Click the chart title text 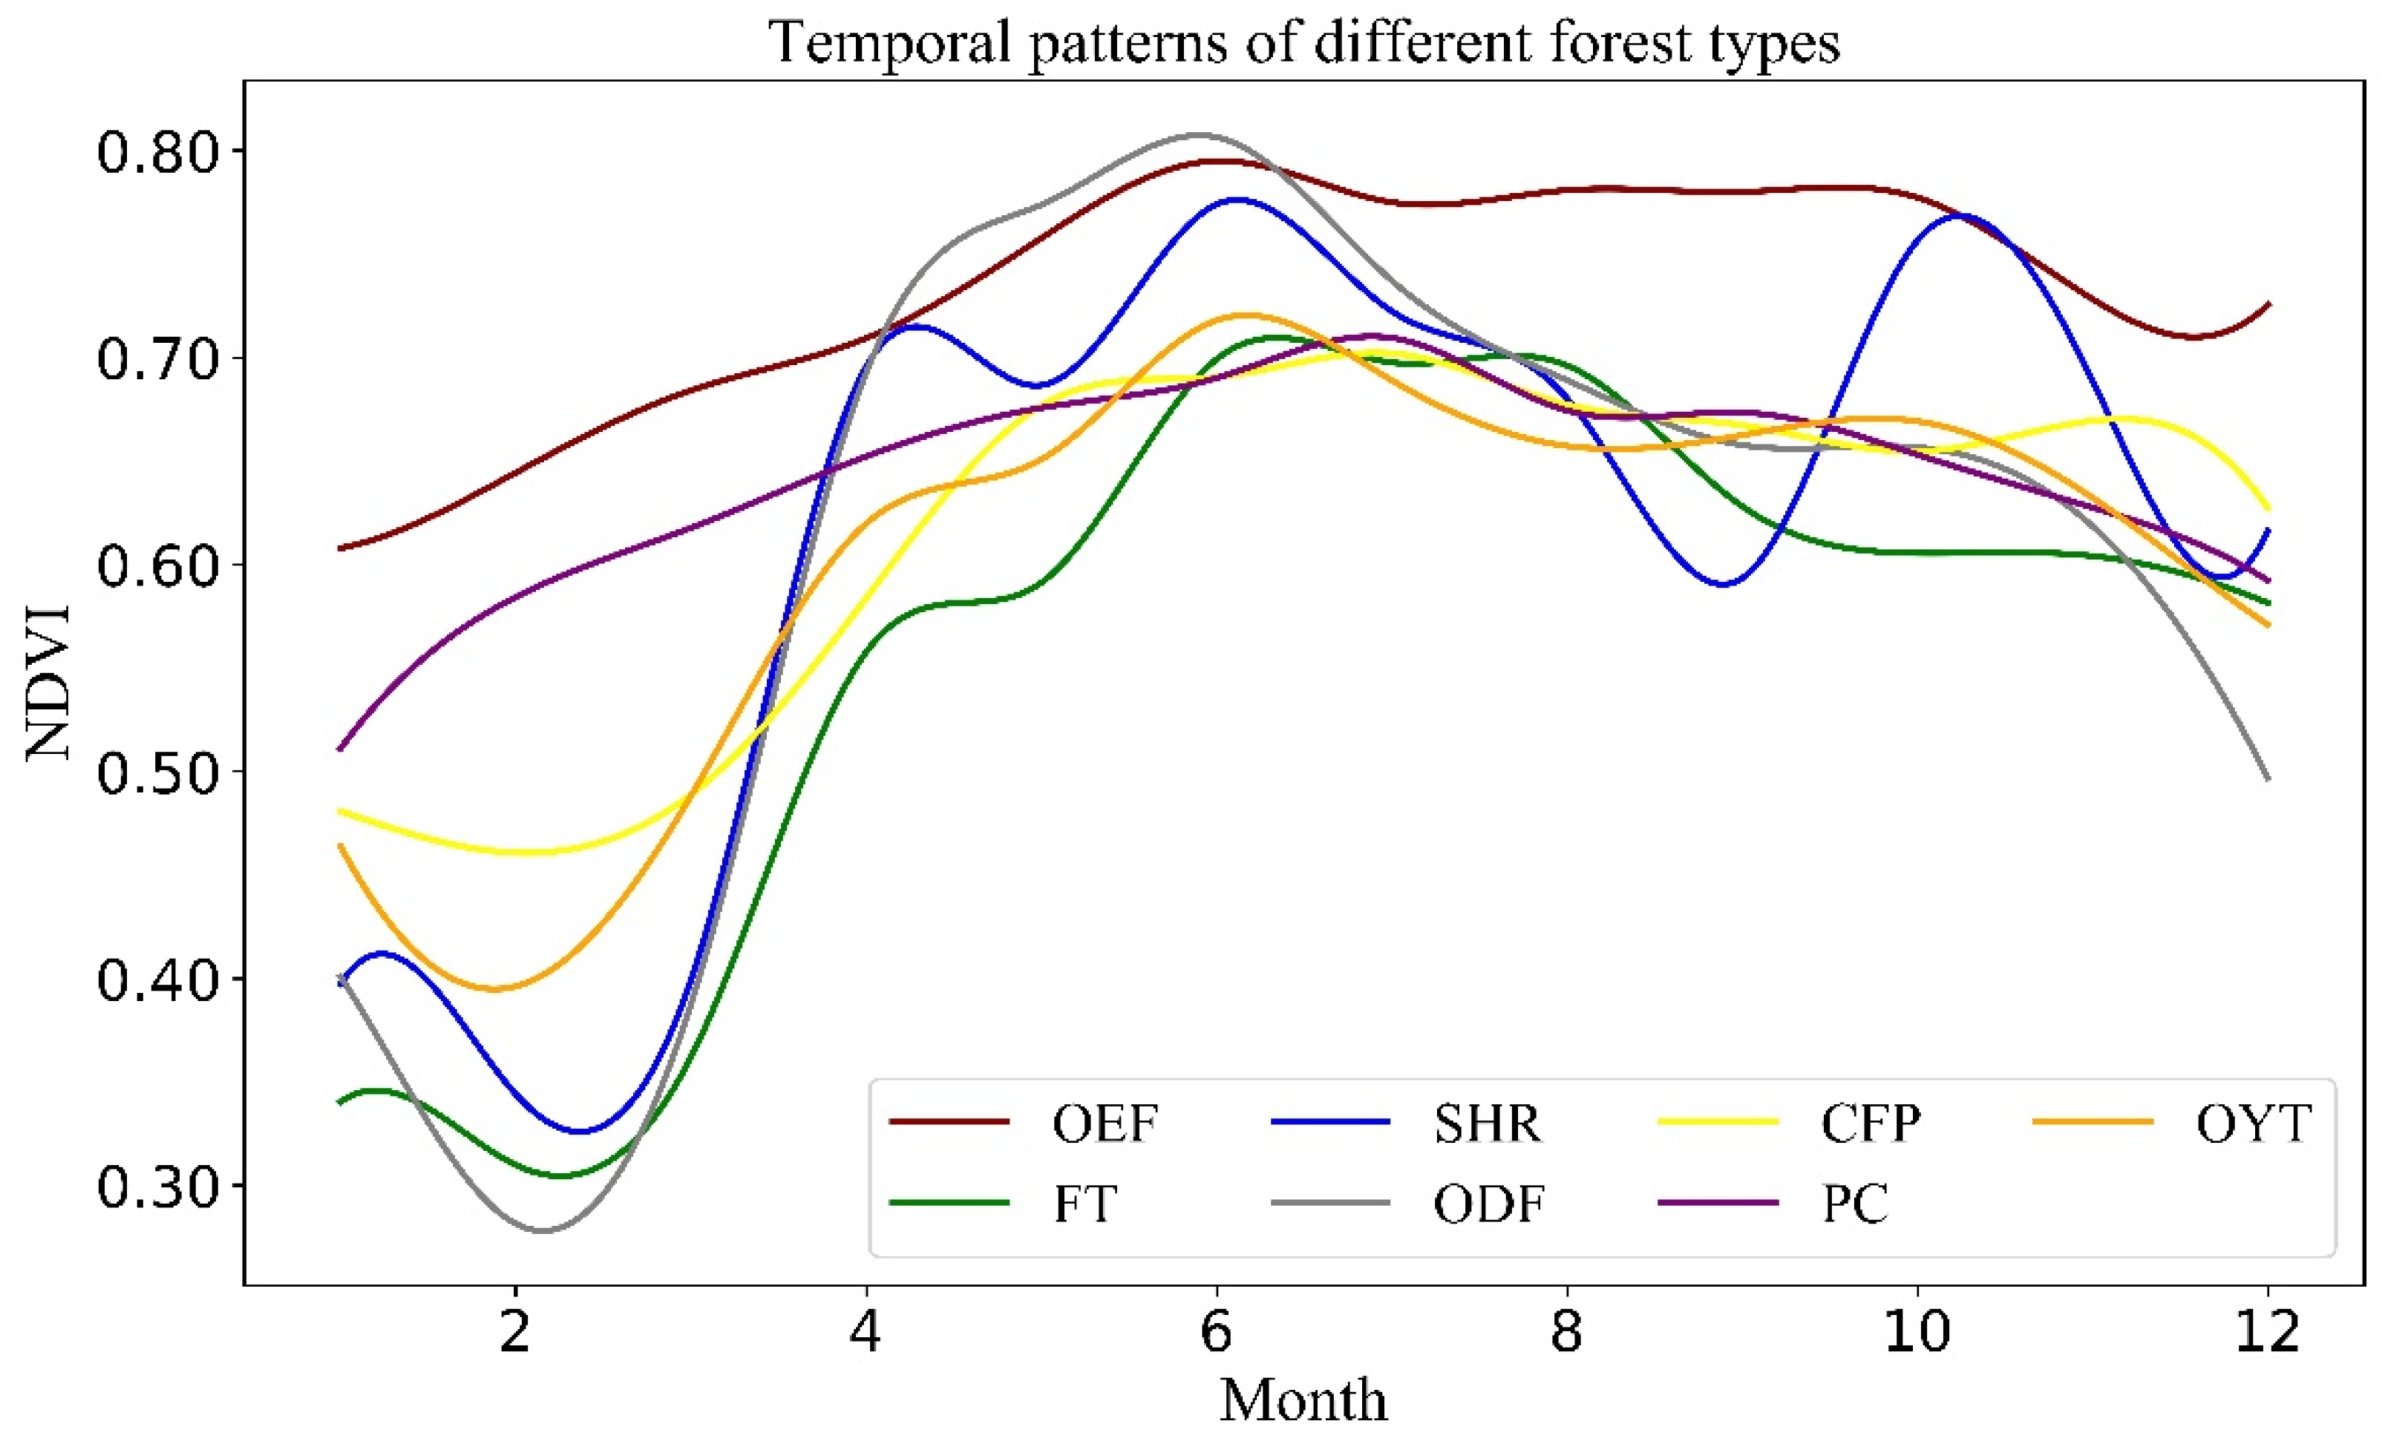tap(1303, 44)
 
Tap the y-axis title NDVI tap(48, 683)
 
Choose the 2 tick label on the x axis tap(515, 1332)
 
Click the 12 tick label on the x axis tap(2267, 1332)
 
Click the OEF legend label tap(1105, 1123)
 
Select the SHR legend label tap(1487, 1123)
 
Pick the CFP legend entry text tap(1870, 1123)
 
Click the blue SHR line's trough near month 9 tap(1723, 585)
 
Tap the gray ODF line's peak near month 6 tap(1200, 134)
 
